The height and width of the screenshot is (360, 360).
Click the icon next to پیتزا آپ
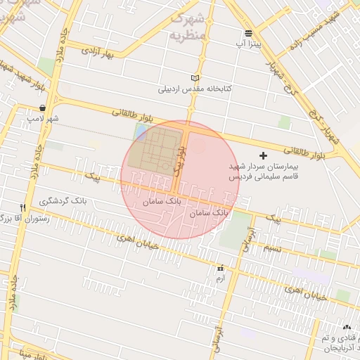point(249,33)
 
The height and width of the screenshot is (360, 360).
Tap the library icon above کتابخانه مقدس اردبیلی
point(195,78)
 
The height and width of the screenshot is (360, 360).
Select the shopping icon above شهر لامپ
point(44,108)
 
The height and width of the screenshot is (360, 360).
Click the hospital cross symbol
point(264,155)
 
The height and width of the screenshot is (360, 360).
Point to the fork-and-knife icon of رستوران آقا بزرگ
point(23,208)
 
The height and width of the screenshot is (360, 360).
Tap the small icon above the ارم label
point(221,268)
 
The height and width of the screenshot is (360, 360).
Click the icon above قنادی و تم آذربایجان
point(347,328)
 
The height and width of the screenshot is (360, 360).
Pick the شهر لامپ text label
point(41,120)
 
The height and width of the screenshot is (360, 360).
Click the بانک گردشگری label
point(64,202)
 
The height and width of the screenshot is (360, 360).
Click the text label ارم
point(220,279)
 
